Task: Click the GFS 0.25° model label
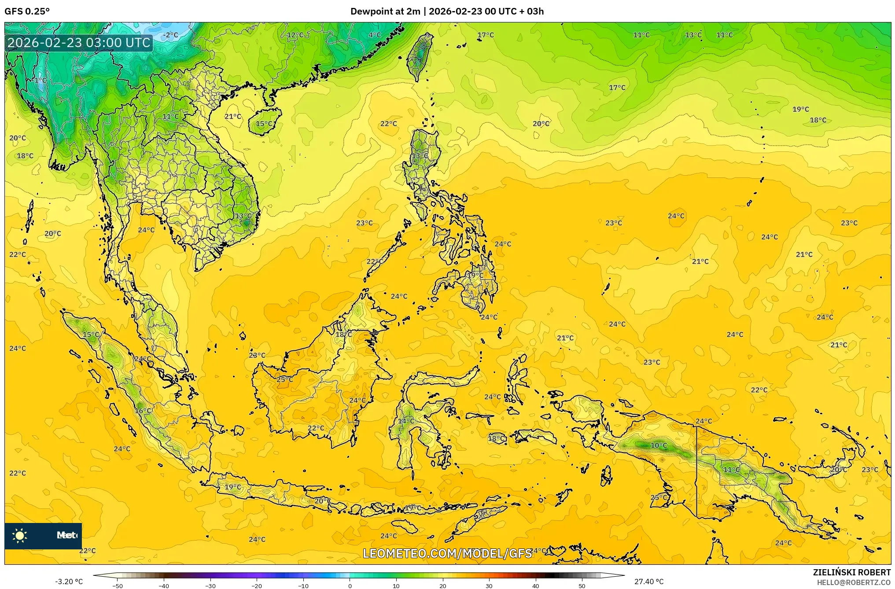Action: click(27, 11)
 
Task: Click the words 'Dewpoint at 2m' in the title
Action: click(385, 11)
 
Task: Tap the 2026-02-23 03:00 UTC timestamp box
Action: click(79, 43)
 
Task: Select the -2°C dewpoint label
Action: click(170, 35)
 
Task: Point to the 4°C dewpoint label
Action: click(375, 35)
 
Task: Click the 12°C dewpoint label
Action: click(295, 35)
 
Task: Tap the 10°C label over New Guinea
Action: click(659, 445)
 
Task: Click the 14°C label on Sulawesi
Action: click(406, 421)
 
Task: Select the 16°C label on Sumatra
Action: click(143, 411)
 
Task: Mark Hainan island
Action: click(265, 122)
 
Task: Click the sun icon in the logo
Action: click(20, 536)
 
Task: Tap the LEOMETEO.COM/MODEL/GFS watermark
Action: click(447, 553)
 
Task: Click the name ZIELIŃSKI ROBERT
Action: click(852, 572)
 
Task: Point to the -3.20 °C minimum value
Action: click(69, 582)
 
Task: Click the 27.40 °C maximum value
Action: click(649, 582)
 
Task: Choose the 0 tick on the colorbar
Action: click(350, 586)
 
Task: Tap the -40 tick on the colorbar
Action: click(164, 586)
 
